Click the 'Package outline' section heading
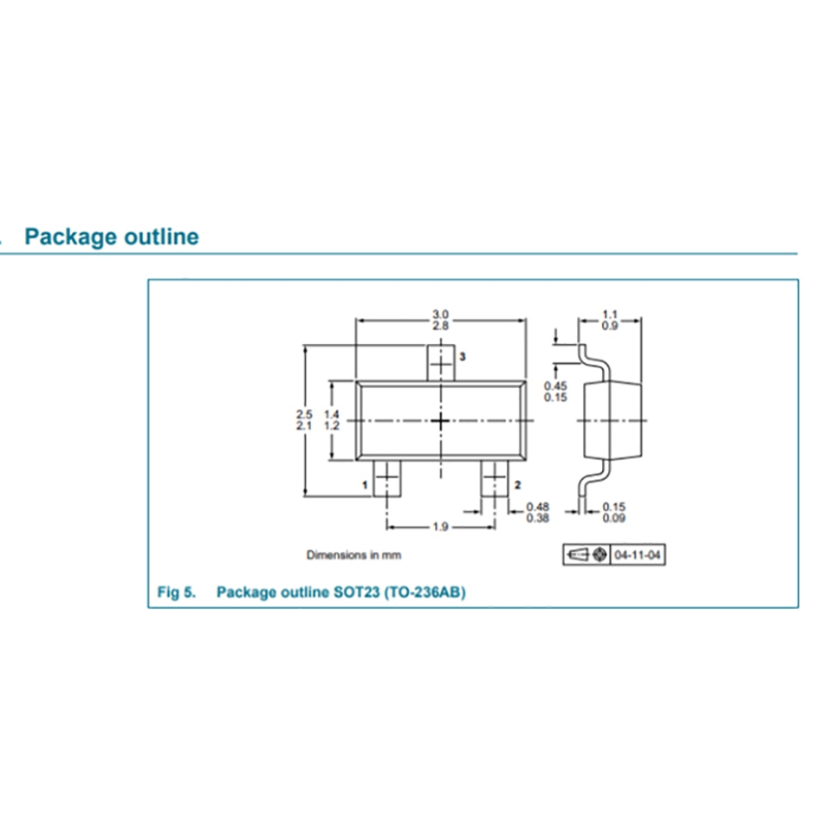pos(112,237)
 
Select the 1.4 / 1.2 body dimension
pos(331,420)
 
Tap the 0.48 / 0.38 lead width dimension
pos(538,512)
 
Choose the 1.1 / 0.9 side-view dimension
pos(611,320)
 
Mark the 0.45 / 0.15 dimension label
pos(555,392)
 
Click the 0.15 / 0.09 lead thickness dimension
pos(614,512)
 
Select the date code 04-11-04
pos(639,554)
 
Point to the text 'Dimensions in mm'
pos(353,554)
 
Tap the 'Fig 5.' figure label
pos(176,593)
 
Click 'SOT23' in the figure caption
pos(355,593)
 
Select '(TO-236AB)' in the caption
pos(424,593)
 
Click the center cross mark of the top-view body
pos(441,420)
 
